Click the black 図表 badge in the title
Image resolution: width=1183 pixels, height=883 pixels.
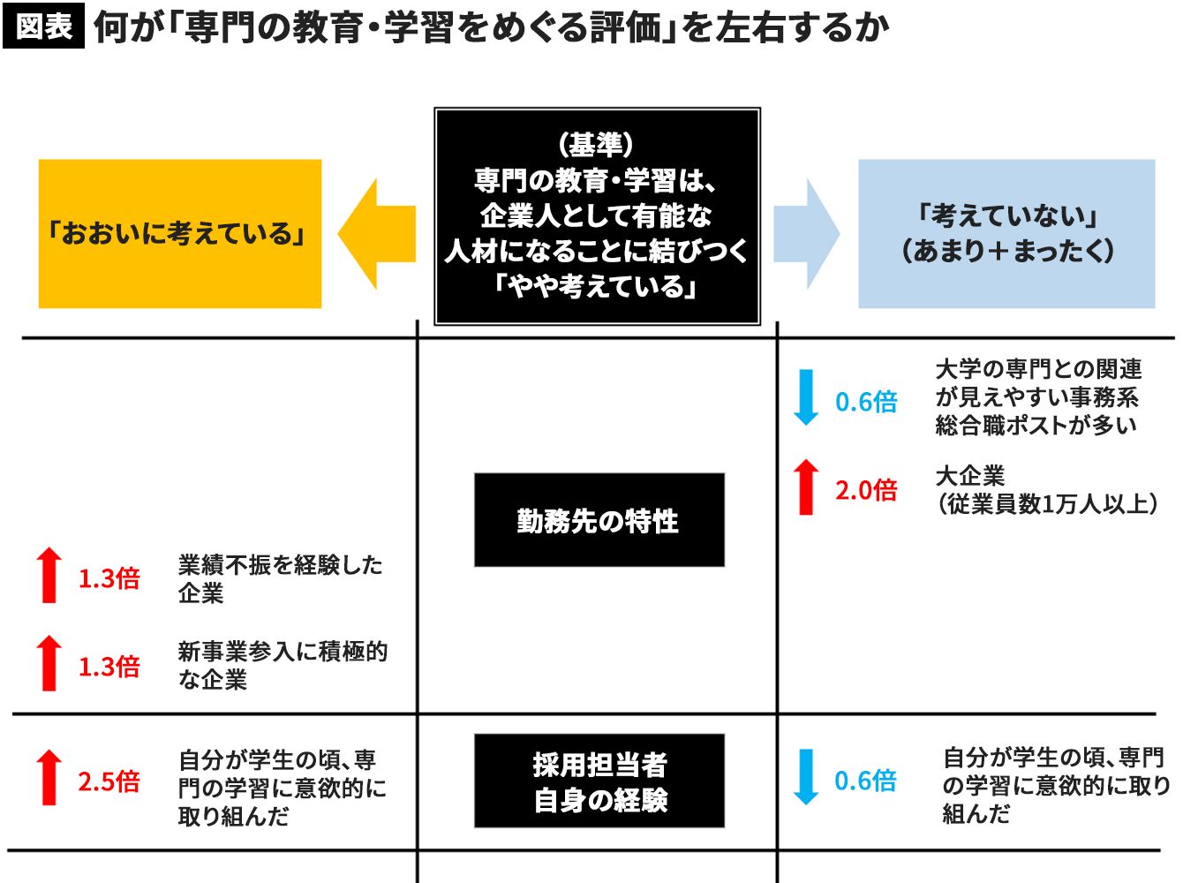coord(43,26)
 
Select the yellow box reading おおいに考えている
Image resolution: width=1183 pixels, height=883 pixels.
coord(180,234)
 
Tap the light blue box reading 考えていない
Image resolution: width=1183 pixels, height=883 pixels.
coord(1006,234)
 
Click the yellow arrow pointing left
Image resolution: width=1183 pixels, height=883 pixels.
coord(377,234)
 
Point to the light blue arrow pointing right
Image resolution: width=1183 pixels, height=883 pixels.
coord(807,234)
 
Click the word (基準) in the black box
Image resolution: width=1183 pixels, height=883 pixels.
coord(596,145)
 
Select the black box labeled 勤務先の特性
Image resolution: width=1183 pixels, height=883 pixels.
coord(599,520)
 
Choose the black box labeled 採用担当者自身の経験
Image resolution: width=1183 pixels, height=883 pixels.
coord(599,781)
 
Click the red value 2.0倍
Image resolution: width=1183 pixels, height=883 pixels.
coord(866,491)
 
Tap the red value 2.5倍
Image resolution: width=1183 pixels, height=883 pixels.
coord(109,781)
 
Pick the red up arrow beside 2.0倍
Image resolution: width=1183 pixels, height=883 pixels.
coord(806,487)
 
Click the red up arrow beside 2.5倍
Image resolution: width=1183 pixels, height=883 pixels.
coord(49,777)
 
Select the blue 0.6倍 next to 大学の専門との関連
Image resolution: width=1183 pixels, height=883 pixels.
coord(866,402)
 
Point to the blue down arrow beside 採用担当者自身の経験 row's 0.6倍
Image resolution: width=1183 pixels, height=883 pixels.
coord(806,777)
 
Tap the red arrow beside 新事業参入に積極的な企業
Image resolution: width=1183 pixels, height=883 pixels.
coord(49,662)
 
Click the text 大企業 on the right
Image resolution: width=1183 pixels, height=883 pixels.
coord(969,476)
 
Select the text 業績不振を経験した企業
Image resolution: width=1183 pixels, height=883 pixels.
coord(280,579)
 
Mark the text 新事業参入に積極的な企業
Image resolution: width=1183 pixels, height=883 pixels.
coord(283,666)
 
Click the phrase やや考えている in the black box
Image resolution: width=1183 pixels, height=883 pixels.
coord(596,286)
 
